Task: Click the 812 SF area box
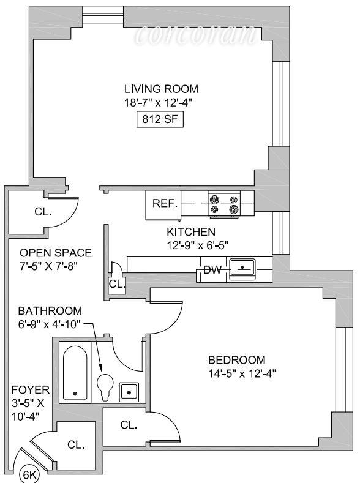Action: pyautogui.click(x=160, y=119)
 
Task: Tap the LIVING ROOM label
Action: pyautogui.click(x=161, y=89)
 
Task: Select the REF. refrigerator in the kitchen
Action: pyautogui.click(x=163, y=205)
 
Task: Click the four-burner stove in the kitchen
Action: pyautogui.click(x=224, y=204)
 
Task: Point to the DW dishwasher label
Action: pyautogui.click(x=212, y=270)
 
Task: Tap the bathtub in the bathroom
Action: pyautogui.click(x=75, y=372)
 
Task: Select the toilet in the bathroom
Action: pyautogui.click(x=105, y=387)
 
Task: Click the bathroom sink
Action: pyautogui.click(x=129, y=392)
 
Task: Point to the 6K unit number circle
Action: pyautogui.click(x=29, y=474)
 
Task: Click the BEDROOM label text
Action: pyautogui.click(x=236, y=360)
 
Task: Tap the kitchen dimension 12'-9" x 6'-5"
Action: pyautogui.click(x=197, y=245)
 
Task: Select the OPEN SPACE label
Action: pyautogui.click(x=56, y=253)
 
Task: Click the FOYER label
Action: pyautogui.click(x=31, y=390)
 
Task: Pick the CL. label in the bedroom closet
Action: pyautogui.click(x=129, y=425)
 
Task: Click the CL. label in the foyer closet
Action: pyautogui.click(x=76, y=444)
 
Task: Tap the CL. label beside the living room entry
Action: pyautogui.click(x=43, y=212)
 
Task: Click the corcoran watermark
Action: pyautogui.click(x=195, y=34)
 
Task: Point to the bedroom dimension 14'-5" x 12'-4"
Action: pyautogui.click(x=242, y=373)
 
